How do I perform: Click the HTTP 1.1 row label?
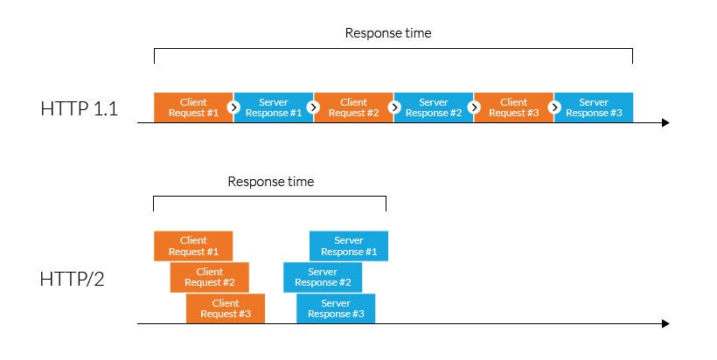[x=79, y=109]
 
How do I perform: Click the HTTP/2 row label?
[x=72, y=280]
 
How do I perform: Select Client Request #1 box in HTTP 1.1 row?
[x=192, y=107]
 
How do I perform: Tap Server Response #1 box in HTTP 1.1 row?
[x=274, y=107]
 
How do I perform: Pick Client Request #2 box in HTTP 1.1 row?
[x=353, y=107]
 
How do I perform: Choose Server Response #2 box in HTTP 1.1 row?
[x=434, y=107]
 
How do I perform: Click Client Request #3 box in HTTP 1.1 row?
[x=513, y=107]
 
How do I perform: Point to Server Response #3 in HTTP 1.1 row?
[x=594, y=107]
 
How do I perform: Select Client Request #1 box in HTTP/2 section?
[x=193, y=246]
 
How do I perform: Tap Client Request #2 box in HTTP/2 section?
[x=210, y=277]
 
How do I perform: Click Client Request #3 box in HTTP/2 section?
[x=226, y=308]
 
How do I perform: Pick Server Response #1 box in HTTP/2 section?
[x=349, y=246]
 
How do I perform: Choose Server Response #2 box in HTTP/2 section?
[x=322, y=277]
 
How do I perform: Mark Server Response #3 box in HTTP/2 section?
[x=336, y=308]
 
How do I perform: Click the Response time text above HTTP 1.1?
[x=388, y=33]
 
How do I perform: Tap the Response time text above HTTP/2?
[x=270, y=182]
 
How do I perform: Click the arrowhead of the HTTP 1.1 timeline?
[x=665, y=123]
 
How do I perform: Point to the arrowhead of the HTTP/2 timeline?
[x=665, y=324]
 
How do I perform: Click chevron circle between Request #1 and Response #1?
[x=233, y=107]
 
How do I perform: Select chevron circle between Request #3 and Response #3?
[x=554, y=107]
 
